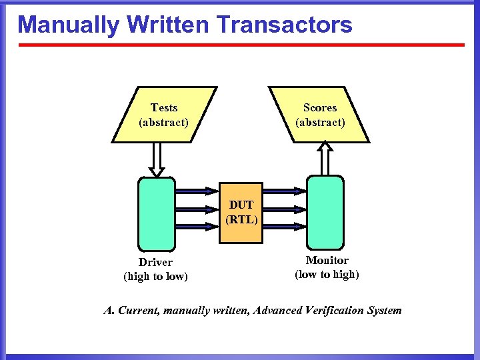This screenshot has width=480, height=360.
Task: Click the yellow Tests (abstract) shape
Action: click(x=163, y=115)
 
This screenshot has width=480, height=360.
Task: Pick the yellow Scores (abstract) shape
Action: click(x=320, y=115)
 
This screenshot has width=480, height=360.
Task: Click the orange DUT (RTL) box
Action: click(x=241, y=212)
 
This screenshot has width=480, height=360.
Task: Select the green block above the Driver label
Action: click(x=156, y=212)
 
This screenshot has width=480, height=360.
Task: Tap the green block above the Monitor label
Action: click(x=325, y=212)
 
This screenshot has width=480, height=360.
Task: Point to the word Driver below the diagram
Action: click(x=155, y=263)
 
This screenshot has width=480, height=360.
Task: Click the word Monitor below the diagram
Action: click(x=327, y=261)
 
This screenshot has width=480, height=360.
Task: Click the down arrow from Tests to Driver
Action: click(x=157, y=160)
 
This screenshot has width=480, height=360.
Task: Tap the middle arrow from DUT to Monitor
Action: click(x=284, y=208)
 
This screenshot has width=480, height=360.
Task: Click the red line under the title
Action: click(x=241, y=45)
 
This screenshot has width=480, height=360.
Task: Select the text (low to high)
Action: click(x=327, y=274)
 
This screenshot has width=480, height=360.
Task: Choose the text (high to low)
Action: click(x=155, y=276)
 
